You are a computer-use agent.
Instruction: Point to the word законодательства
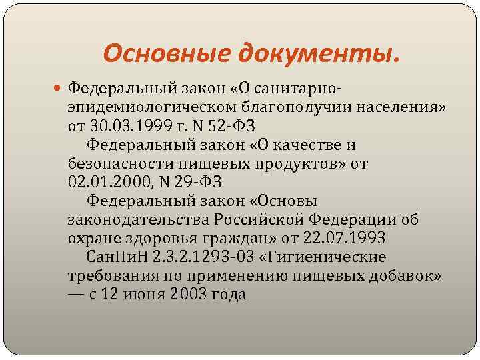[138, 219]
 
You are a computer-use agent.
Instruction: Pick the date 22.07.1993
[343, 238]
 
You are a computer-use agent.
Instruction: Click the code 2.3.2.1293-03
[203, 257]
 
